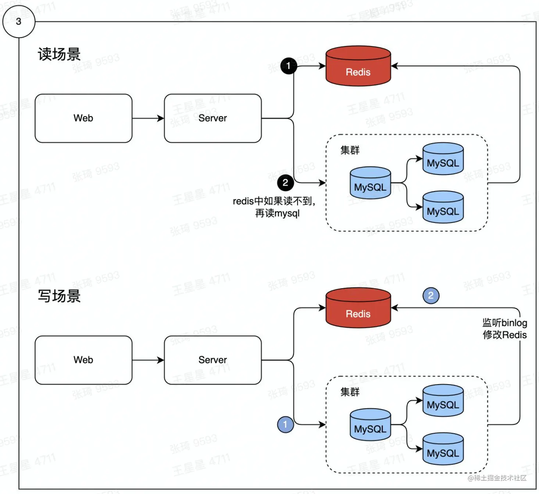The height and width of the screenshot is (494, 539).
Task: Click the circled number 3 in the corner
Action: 18,21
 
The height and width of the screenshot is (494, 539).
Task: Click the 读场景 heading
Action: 59,54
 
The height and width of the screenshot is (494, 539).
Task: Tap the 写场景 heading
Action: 59,296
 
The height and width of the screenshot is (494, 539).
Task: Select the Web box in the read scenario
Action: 83,118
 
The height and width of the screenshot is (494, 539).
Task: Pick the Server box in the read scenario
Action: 213,118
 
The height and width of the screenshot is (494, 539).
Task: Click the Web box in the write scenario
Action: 83,360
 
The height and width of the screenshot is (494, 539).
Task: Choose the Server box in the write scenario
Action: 213,360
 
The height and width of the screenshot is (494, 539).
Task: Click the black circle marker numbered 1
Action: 289,66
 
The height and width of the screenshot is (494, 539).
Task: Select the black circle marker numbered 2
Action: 285,183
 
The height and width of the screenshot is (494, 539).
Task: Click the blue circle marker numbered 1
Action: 285,425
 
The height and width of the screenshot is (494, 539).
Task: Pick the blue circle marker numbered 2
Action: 431,296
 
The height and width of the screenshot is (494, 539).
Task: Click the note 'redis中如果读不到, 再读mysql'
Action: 274,207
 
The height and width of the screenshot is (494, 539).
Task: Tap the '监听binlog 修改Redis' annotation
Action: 504,329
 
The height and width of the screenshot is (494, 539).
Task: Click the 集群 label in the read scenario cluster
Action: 350,150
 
